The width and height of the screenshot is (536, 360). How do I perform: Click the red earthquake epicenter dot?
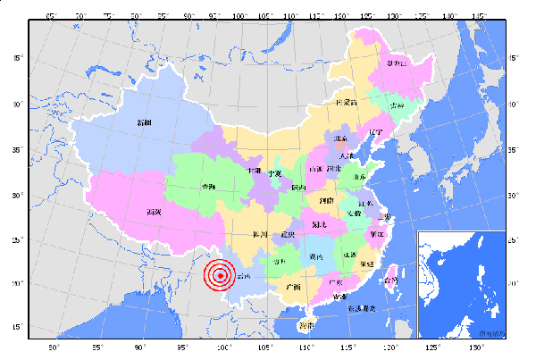220,276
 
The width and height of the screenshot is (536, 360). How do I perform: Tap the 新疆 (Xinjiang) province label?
145,122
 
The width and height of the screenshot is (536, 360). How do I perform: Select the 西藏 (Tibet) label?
154,212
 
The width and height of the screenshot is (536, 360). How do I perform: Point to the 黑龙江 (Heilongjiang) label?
397,63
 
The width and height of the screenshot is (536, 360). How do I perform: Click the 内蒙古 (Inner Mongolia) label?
346,103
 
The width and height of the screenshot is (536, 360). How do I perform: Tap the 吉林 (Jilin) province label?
397,105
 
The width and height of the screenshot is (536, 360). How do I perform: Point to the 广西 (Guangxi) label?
292,287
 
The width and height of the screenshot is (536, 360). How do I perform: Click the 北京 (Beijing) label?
340,138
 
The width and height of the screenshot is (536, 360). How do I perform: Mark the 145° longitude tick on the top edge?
478,16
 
